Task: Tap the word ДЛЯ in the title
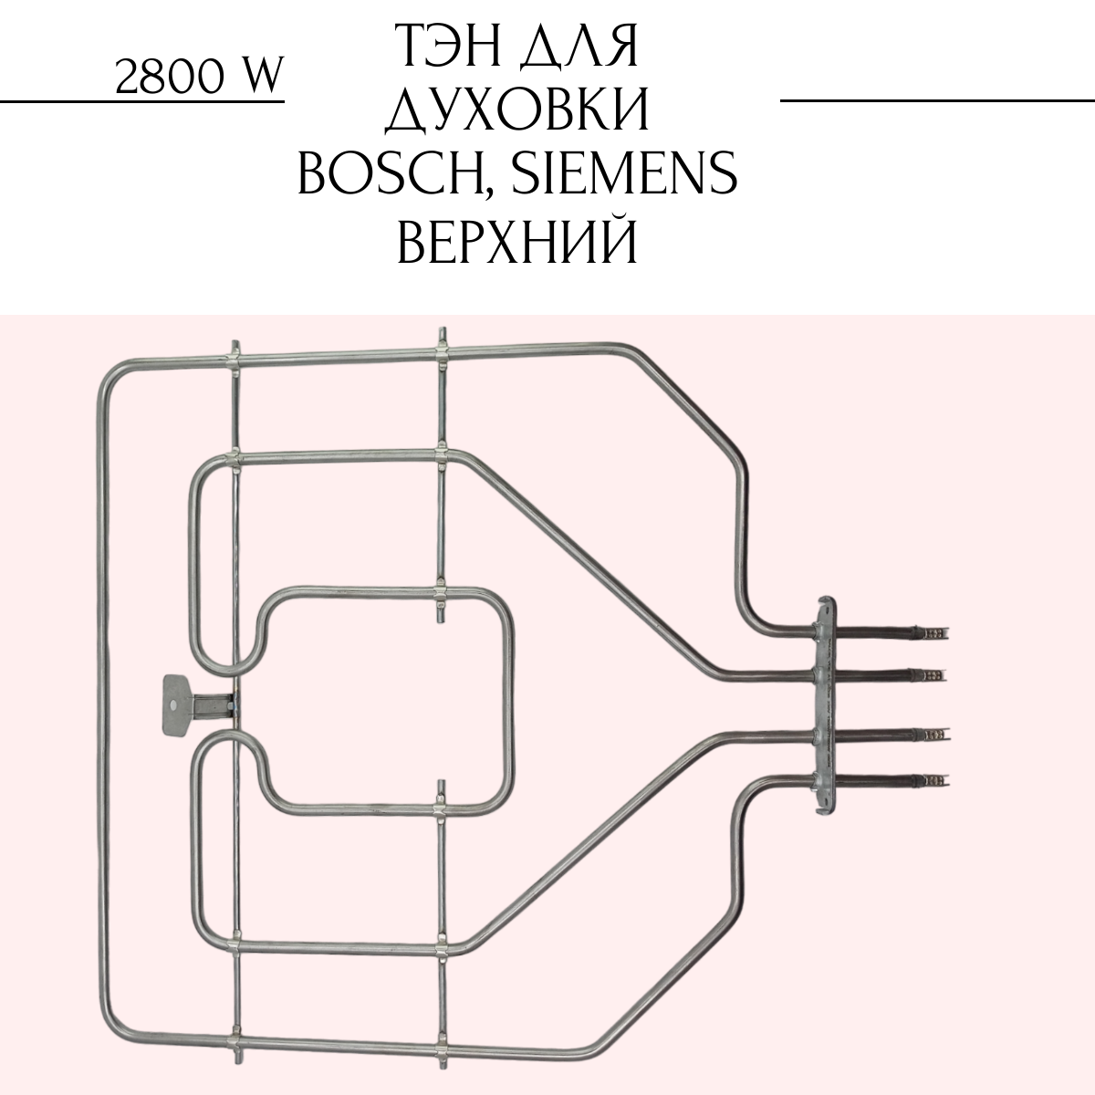[x=580, y=47]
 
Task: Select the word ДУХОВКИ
[x=517, y=109]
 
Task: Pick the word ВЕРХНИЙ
[x=517, y=239]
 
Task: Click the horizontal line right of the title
[x=937, y=100]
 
